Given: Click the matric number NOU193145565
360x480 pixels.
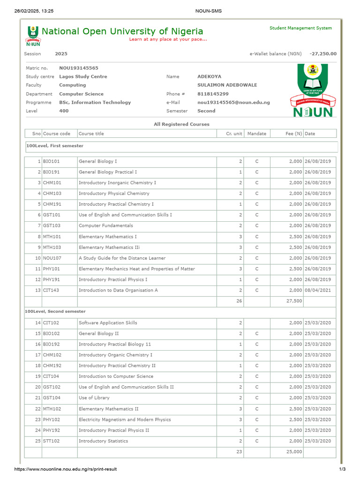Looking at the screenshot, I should tap(79, 68).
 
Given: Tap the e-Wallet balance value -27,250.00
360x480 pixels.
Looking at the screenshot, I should tap(323, 54).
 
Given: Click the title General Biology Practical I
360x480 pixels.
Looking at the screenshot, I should tap(108, 172).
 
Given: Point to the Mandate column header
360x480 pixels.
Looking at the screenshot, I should tap(256, 134).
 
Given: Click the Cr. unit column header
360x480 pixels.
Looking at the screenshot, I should tap(234, 134).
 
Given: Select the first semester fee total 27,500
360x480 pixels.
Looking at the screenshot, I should tap(294, 301).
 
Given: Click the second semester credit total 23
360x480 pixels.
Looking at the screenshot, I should tap(239, 452).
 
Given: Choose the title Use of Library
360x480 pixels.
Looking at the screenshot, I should tap(94, 398).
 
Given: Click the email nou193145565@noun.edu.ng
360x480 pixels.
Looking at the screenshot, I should tap(233, 102).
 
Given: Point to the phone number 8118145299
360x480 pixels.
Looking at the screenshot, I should tap(213, 94).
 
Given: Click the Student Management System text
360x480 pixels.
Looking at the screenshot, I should tap(300, 28).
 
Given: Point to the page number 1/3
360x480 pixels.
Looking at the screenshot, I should tap(342, 469).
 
